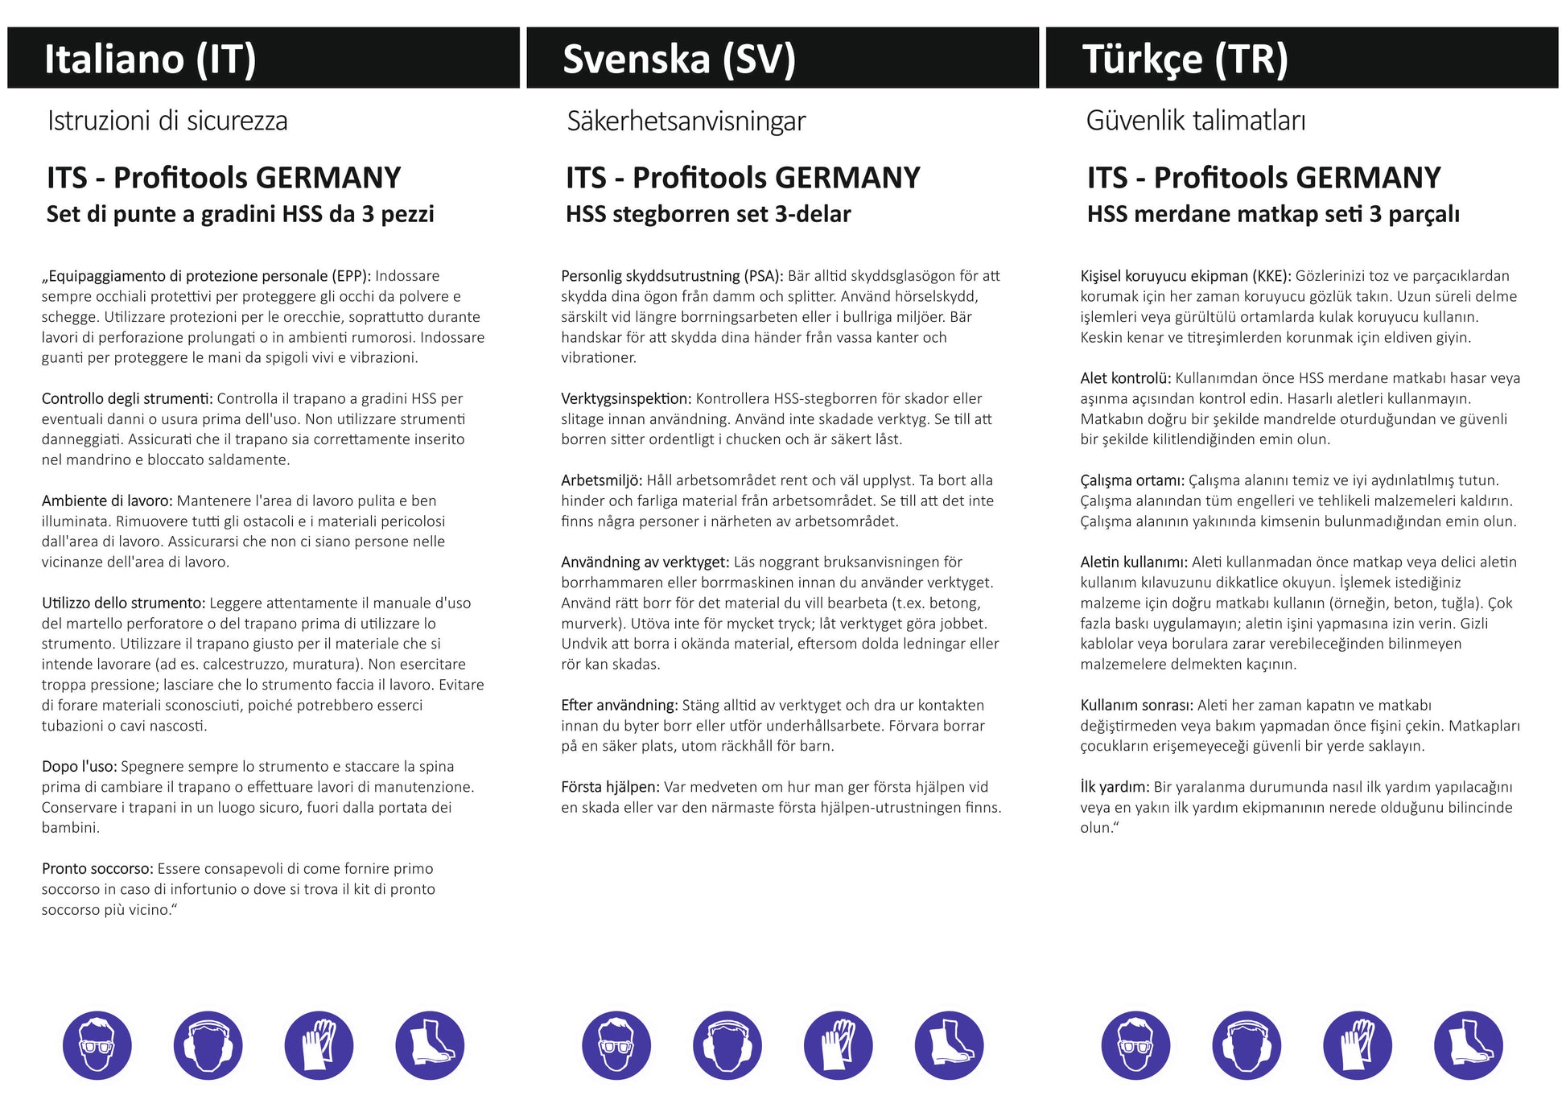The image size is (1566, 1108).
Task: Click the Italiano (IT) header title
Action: tap(150, 59)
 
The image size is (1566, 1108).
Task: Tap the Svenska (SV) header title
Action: tap(678, 59)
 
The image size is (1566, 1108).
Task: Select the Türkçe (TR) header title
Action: tap(1185, 59)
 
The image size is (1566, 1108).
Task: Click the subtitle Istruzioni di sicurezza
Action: tap(167, 121)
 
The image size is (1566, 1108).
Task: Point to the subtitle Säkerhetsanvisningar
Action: tap(686, 122)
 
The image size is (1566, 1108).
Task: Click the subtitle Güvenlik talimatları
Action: tap(1195, 121)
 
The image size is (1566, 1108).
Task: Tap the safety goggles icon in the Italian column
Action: tap(97, 1045)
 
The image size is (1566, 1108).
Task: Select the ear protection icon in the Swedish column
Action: tap(727, 1045)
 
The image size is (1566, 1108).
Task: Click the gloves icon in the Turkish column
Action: tap(1358, 1045)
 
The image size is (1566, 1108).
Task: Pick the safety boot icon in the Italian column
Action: tap(430, 1045)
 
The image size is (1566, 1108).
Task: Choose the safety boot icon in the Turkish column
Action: tap(1468, 1045)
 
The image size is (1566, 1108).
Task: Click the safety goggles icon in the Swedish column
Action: tap(616, 1045)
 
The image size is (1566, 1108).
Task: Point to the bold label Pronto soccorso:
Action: tap(97, 869)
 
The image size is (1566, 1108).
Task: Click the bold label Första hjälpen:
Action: tap(610, 787)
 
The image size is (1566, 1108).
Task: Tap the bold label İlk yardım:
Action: tap(1115, 787)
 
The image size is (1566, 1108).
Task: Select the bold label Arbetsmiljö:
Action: tap(601, 480)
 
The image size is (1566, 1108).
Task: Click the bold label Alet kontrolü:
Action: tap(1125, 378)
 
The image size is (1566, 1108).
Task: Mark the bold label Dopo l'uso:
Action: tap(79, 767)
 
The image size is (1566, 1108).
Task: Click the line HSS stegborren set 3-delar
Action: tap(708, 214)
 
